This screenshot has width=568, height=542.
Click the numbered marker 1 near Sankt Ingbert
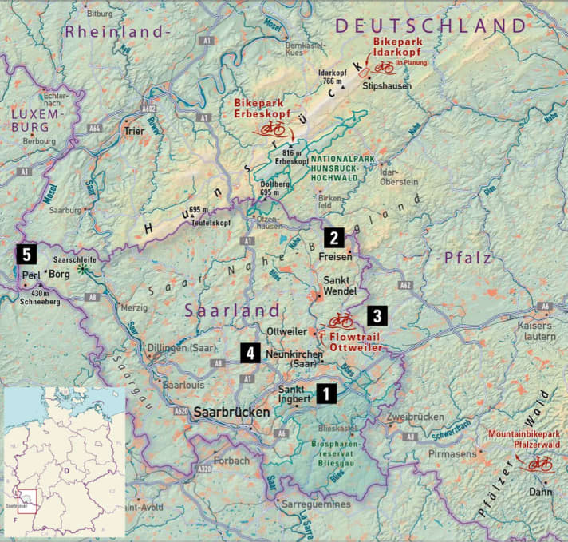click(x=326, y=392)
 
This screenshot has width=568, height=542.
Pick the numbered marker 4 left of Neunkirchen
click(x=251, y=352)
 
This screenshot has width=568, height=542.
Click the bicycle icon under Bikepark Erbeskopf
click(x=272, y=128)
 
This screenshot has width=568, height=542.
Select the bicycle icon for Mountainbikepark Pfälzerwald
click(x=538, y=463)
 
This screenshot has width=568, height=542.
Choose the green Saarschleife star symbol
click(x=85, y=271)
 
